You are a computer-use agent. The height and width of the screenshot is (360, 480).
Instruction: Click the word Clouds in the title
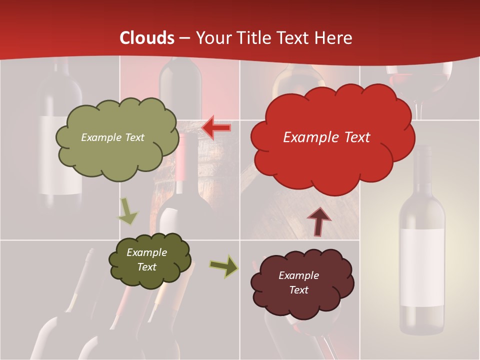(x=147, y=38)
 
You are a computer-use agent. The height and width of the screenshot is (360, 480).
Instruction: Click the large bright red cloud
(x=332, y=160)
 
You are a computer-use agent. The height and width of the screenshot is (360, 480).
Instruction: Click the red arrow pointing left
(x=216, y=128)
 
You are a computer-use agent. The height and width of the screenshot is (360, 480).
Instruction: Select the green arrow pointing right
(x=223, y=266)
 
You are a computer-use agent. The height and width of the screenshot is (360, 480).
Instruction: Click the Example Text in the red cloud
(x=326, y=137)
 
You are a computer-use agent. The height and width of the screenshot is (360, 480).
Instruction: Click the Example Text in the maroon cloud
(x=298, y=282)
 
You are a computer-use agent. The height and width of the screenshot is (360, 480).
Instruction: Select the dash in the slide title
(x=184, y=38)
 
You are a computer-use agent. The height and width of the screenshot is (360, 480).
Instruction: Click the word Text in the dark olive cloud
(x=146, y=267)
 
